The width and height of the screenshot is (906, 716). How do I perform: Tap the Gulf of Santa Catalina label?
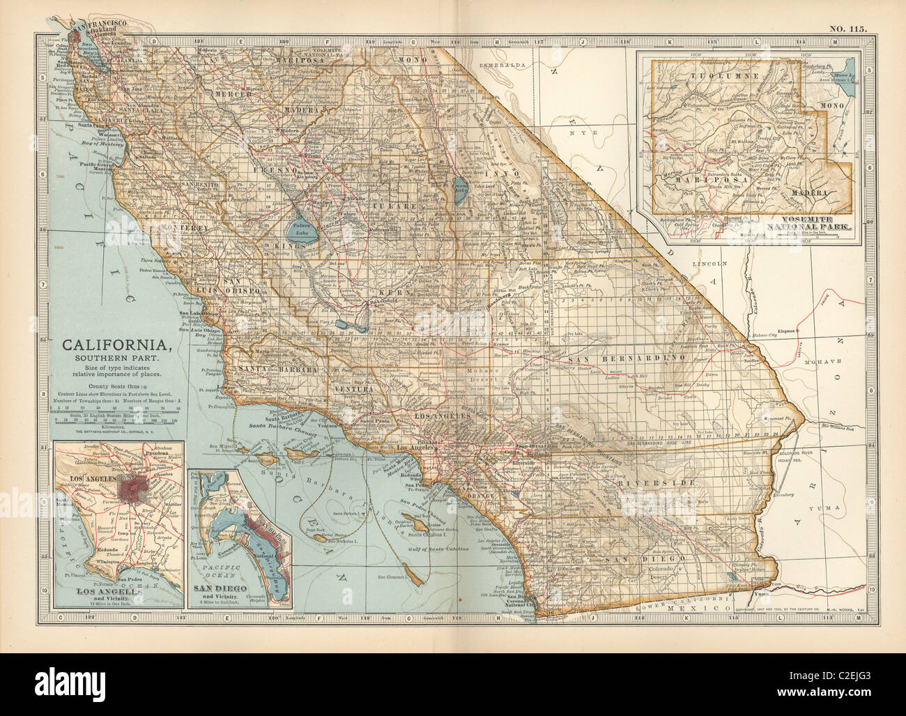(442, 551)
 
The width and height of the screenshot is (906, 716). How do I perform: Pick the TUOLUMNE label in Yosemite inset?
(714, 73)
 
